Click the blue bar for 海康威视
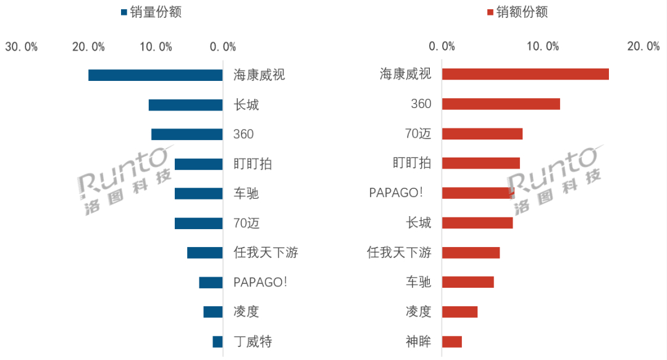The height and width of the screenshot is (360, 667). (155, 75)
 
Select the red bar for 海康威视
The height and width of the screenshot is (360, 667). (525, 74)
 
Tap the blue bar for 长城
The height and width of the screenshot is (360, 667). (185, 105)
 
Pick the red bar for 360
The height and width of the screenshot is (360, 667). (501, 104)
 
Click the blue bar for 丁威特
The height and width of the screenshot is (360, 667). (217, 341)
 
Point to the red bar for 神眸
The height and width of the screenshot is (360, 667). (451, 341)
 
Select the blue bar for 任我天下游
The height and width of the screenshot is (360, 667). (204, 253)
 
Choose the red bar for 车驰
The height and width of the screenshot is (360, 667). (468, 282)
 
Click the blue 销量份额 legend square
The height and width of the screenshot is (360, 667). (124, 12)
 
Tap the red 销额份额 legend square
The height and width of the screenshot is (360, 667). (490, 12)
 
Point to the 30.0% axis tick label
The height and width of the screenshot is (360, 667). (22, 47)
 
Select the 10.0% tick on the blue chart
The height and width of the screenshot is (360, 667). (156, 47)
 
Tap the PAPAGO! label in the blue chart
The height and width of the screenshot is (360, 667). (260, 282)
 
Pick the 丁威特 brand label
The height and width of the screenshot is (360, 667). (253, 341)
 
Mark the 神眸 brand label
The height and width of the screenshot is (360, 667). (418, 341)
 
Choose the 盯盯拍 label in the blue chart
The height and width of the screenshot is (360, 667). (253, 164)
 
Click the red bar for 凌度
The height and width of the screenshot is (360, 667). (459, 312)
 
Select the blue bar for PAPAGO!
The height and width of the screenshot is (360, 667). (211, 282)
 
